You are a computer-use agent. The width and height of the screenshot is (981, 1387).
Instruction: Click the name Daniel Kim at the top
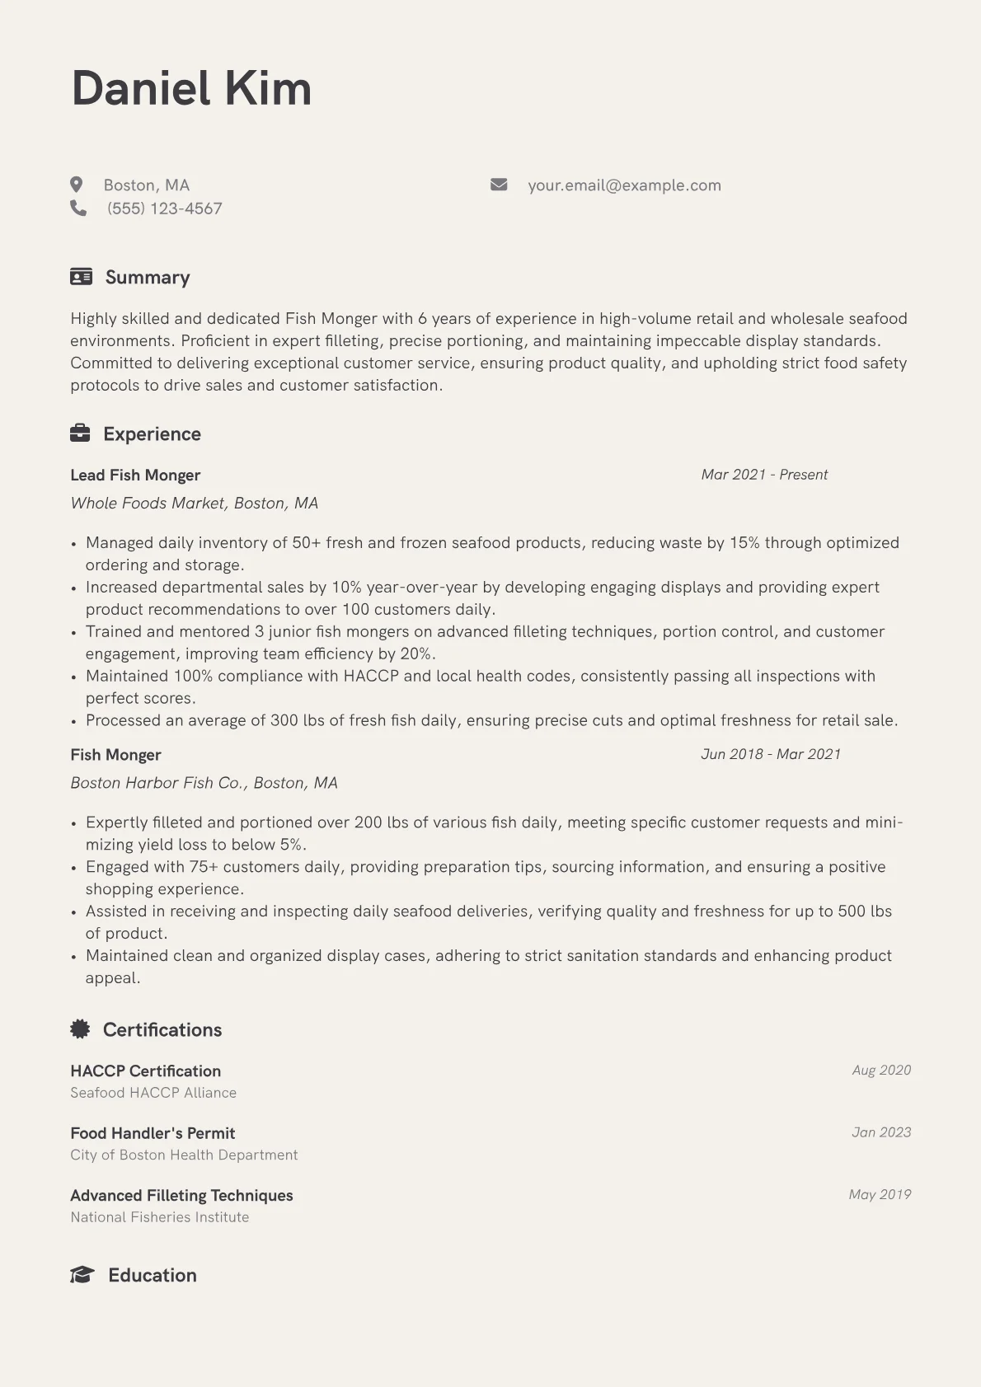click(191, 88)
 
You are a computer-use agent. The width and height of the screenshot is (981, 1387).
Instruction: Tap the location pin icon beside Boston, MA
click(77, 185)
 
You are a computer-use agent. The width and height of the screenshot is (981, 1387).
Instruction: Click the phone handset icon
click(78, 209)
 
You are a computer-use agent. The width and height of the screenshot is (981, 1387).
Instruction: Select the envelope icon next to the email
click(499, 185)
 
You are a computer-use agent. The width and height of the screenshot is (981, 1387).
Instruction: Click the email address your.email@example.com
click(624, 185)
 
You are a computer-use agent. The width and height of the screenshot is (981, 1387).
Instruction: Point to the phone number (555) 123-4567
click(165, 209)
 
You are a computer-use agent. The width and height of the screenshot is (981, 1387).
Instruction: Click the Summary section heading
click(148, 277)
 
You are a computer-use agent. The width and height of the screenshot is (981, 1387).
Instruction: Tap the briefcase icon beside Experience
click(80, 433)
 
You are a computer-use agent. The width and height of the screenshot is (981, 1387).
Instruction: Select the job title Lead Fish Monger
click(135, 476)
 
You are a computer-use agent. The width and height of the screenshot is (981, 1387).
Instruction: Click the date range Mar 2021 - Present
click(764, 475)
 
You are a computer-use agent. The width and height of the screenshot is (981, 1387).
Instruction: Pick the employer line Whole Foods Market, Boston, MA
click(194, 503)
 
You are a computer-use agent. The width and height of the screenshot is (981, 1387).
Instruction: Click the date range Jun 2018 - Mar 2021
click(771, 754)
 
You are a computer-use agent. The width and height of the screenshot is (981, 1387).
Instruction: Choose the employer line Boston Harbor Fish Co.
click(204, 783)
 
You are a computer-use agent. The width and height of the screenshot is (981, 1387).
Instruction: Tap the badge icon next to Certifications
click(80, 1029)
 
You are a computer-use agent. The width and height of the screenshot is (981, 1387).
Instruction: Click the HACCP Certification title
click(145, 1071)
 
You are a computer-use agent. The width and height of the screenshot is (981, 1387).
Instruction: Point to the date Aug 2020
click(881, 1070)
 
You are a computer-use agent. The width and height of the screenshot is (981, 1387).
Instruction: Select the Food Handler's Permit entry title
click(153, 1133)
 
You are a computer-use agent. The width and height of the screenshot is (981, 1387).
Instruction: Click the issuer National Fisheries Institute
click(159, 1217)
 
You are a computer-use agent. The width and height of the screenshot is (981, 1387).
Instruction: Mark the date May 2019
click(880, 1194)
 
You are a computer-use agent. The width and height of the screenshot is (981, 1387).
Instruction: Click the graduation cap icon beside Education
click(82, 1275)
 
